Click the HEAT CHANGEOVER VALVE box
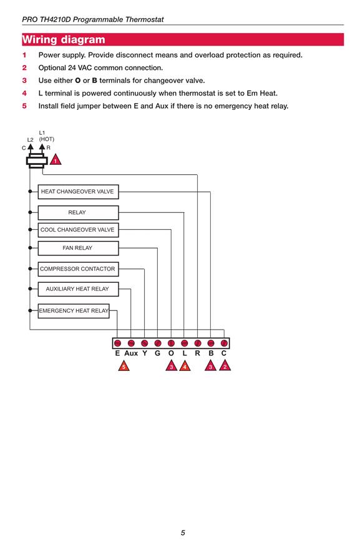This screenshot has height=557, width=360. (x=78, y=192)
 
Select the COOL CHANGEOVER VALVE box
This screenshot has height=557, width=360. (x=78, y=230)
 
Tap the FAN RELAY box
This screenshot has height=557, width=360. (x=78, y=248)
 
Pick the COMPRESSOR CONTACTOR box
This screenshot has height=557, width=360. (x=78, y=269)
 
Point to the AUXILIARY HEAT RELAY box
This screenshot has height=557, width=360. (x=78, y=288)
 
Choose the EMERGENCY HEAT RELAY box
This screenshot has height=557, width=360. (x=74, y=311)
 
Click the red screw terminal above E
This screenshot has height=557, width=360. (x=117, y=343)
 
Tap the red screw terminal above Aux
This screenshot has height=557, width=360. (x=131, y=343)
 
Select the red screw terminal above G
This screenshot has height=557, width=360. (x=158, y=343)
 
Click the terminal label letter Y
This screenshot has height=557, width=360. (x=145, y=353)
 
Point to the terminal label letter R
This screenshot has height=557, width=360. (x=197, y=353)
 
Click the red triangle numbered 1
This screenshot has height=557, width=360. (x=55, y=160)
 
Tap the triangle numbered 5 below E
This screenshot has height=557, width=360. (x=124, y=365)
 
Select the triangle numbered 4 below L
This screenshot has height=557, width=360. (x=185, y=365)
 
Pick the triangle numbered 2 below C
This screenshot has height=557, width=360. (x=225, y=365)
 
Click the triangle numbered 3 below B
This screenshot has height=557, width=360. (x=210, y=365)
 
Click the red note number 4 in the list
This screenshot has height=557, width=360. (x=24, y=94)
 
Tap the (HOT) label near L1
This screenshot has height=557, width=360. (x=47, y=139)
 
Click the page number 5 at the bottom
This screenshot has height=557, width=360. (x=183, y=533)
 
